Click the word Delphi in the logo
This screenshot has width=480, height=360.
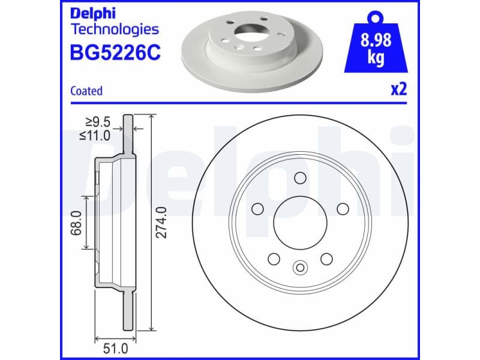pyautogui.click(x=94, y=13)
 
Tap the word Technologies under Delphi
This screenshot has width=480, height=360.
pyautogui.click(x=115, y=29)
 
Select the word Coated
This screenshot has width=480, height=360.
pyautogui.click(x=86, y=91)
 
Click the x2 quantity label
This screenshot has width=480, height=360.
pyautogui.click(x=398, y=90)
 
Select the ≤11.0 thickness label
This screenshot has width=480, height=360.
pyautogui.click(x=95, y=136)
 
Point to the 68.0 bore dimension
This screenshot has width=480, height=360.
pyautogui.click(x=77, y=223)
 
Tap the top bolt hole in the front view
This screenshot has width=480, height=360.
pyautogui.click(x=300, y=178)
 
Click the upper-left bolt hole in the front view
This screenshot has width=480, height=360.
pyautogui.click(x=257, y=209)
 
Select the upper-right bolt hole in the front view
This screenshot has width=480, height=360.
pyautogui.click(x=343, y=209)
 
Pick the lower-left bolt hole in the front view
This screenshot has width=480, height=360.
pyautogui.click(x=274, y=259)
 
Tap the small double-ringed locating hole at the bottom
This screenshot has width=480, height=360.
pyautogui.click(x=300, y=268)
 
